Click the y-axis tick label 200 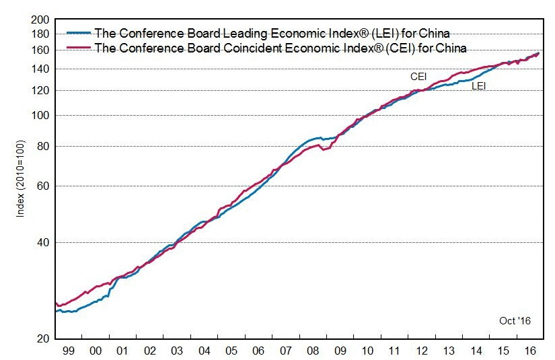(40, 20)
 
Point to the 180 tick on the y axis (40, 34)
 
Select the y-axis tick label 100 (40, 115)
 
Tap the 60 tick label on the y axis (43, 186)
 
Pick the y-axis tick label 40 (43, 242)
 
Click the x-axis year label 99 (68, 351)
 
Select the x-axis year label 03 (177, 351)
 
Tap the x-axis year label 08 (313, 351)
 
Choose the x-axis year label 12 (422, 351)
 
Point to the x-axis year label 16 (530, 351)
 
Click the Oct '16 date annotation (515, 321)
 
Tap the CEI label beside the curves (418, 77)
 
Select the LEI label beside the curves (479, 86)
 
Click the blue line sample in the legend (79, 32)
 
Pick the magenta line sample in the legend (79, 47)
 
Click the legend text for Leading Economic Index (272, 32)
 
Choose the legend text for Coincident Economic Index (281, 47)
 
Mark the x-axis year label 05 (231, 351)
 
